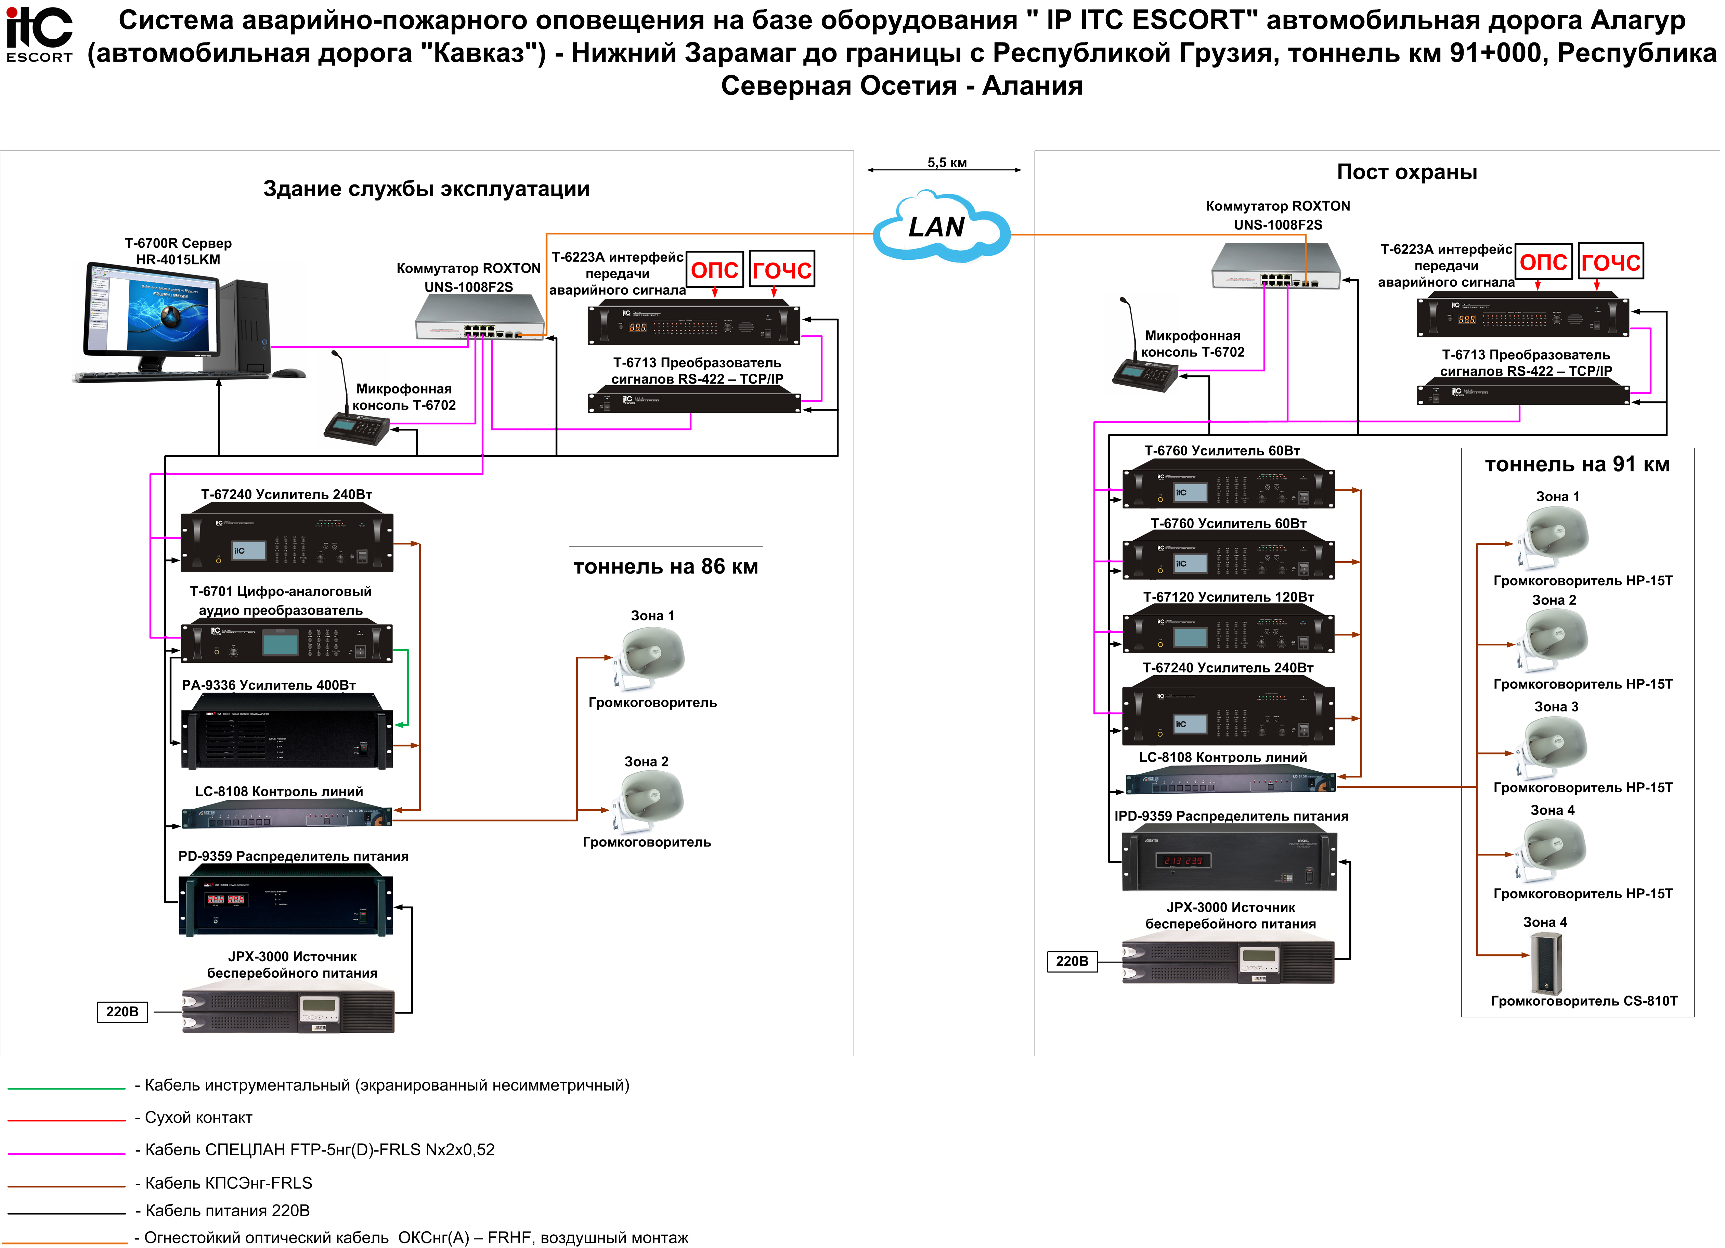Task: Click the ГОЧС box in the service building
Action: (782, 269)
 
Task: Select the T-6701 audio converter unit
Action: (287, 642)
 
